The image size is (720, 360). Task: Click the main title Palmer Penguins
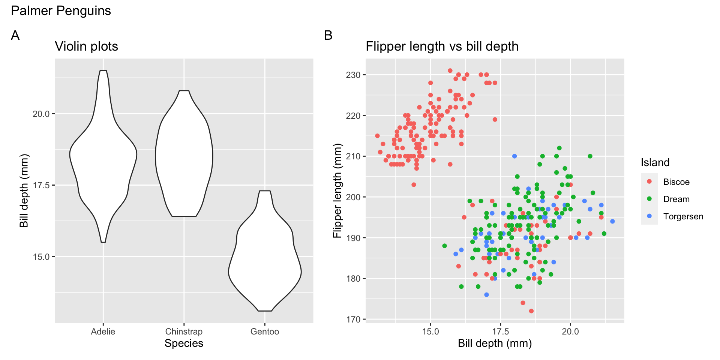[61, 11]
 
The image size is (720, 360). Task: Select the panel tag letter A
[15, 35]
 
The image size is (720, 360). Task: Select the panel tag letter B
[328, 35]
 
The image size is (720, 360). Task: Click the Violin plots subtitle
[86, 46]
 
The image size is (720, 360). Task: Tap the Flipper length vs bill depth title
[442, 46]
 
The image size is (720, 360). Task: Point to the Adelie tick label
[103, 331]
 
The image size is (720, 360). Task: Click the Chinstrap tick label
[184, 331]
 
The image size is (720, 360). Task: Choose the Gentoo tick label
[265, 331]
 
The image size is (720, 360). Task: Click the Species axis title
[184, 343]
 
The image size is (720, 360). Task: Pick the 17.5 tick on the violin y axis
[41, 185]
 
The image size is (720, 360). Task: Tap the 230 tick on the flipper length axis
[353, 75]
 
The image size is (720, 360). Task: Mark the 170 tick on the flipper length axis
[353, 319]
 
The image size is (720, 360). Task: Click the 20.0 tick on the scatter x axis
[570, 331]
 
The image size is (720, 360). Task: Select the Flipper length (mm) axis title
[337, 190]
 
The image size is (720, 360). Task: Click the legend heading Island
[655, 162]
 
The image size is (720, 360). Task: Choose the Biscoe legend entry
[676, 182]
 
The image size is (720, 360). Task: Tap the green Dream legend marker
[649, 199]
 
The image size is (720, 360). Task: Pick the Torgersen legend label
[683, 216]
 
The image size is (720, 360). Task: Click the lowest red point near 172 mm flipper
[531, 311]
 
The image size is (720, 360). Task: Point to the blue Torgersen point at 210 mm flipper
[514, 156]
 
